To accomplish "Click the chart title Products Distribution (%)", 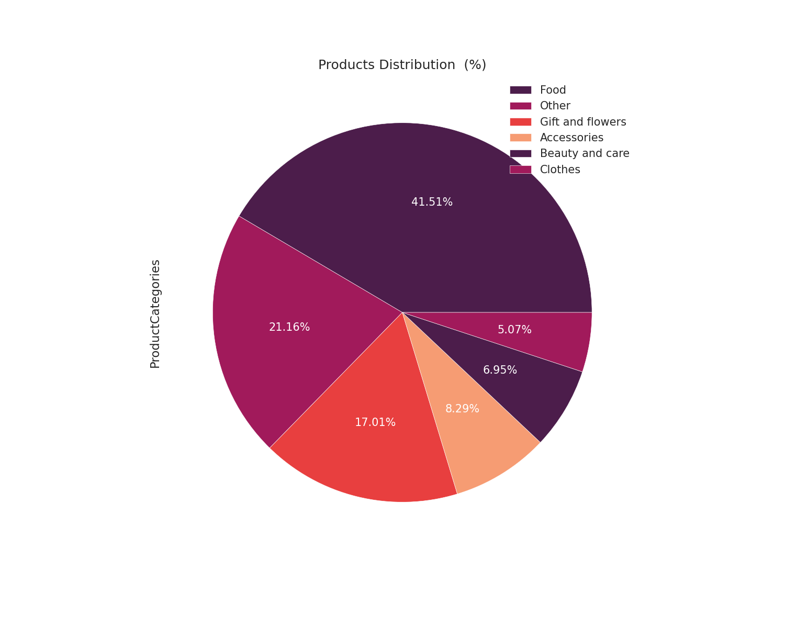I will (402, 65).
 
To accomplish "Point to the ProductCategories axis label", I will (155, 314).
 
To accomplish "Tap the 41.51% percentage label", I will (432, 202).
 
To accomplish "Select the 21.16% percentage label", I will (289, 327).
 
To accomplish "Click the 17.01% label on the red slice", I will (375, 422).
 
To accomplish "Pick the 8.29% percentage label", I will (462, 409).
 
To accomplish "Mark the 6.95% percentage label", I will (500, 370).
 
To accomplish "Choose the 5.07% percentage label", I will (514, 330).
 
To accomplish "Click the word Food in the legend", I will (553, 90).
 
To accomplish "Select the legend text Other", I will (555, 106).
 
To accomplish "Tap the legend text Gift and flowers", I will (582, 122).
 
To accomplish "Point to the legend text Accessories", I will (571, 138).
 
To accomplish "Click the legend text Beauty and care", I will (585, 153).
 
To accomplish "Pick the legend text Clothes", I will (560, 170).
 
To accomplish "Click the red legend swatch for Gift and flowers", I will (520, 122).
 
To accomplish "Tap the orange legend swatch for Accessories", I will (520, 138).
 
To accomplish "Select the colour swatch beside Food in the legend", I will (520, 90).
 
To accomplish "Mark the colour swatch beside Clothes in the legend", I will (520, 170).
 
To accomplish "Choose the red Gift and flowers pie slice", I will (366, 455).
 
